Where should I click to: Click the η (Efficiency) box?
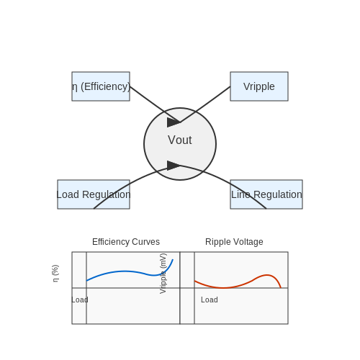[101, 86]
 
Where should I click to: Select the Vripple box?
[259, 86]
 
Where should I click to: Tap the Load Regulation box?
[94, 194]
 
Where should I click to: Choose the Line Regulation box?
[266, 194]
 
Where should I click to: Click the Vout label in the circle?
[180, 140]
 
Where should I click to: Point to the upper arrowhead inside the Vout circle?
[174, 122]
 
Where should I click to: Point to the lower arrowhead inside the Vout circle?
[174, 166]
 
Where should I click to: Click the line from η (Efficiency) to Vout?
[155, 104]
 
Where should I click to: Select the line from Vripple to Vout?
[205, 104]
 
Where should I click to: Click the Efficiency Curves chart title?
[126, 242]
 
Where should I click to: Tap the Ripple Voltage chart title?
[234, 242]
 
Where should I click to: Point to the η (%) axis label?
[55, 274]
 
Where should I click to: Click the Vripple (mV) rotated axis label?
[163, 274]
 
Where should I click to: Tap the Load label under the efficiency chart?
[80, 300]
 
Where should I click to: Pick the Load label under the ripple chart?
[210, 300]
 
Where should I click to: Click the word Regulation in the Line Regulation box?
[278, 194]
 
